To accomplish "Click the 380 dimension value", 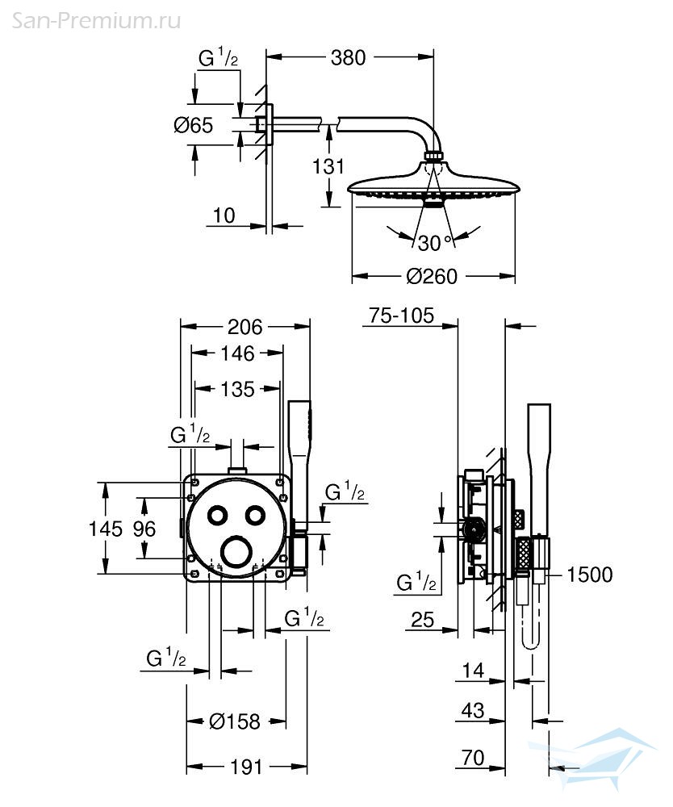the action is click(x=348, y=57).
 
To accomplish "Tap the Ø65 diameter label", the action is click(x=194, y=125).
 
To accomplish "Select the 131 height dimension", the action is click(x=328, y=166).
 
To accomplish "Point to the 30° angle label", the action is click(x=434, y=243).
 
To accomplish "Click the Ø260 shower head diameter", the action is click(x=432, y=276).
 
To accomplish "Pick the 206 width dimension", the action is click(x=245, y=327).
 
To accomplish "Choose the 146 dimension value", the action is click(x=237, y=353).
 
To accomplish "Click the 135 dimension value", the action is click(x=237, y=390).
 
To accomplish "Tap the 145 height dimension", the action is click(x=106, y=529).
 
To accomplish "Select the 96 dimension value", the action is click(x=144, y=529).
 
